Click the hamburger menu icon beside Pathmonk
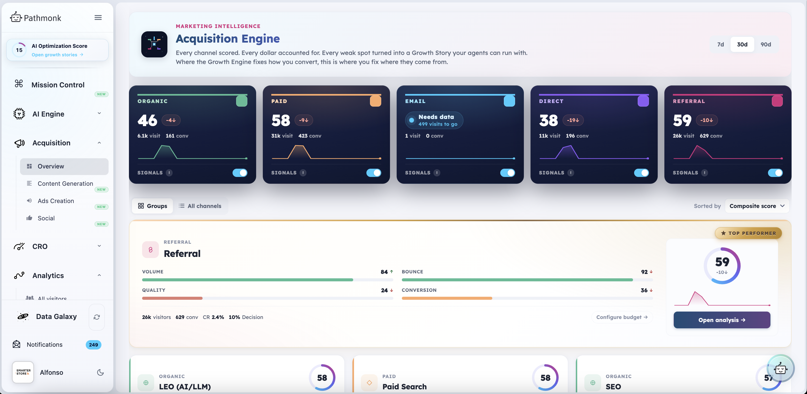[x=98, y=18]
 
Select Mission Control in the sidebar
[x=58, y=85]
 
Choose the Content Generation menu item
[x=65, y=184]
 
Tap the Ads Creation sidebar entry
[x=56, y=201]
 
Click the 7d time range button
[x=720, y=45]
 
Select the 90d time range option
[x=766, y=45]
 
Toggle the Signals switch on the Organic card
[x=240, y=173]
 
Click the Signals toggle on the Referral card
[x=775, y=173]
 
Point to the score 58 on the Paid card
[x=281, y=120]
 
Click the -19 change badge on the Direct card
[x=573, y=120]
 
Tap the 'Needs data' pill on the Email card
[x=434, y=120]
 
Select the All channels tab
[x=200, y=206]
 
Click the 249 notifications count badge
[x=93, y=345]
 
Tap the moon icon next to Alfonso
[x=100, y=372]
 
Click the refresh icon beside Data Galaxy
[x=97, y=317]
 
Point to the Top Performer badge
[x=748, y=233]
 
